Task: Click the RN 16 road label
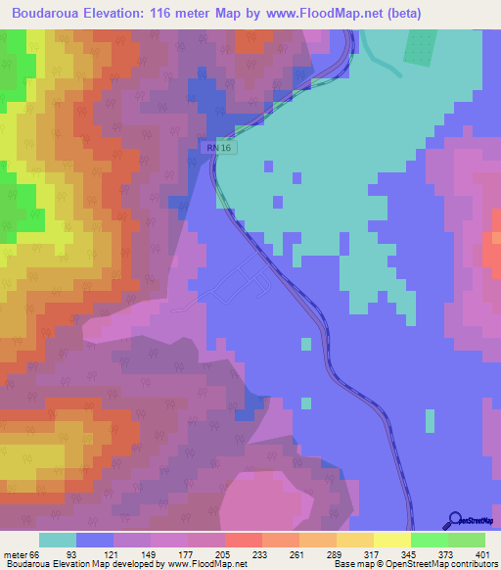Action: click(x=222, y=147)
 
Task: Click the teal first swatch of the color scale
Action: click(x=58, y=541)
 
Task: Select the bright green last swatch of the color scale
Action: click(x=467, y=541)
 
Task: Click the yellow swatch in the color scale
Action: click(x=392, y=541)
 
